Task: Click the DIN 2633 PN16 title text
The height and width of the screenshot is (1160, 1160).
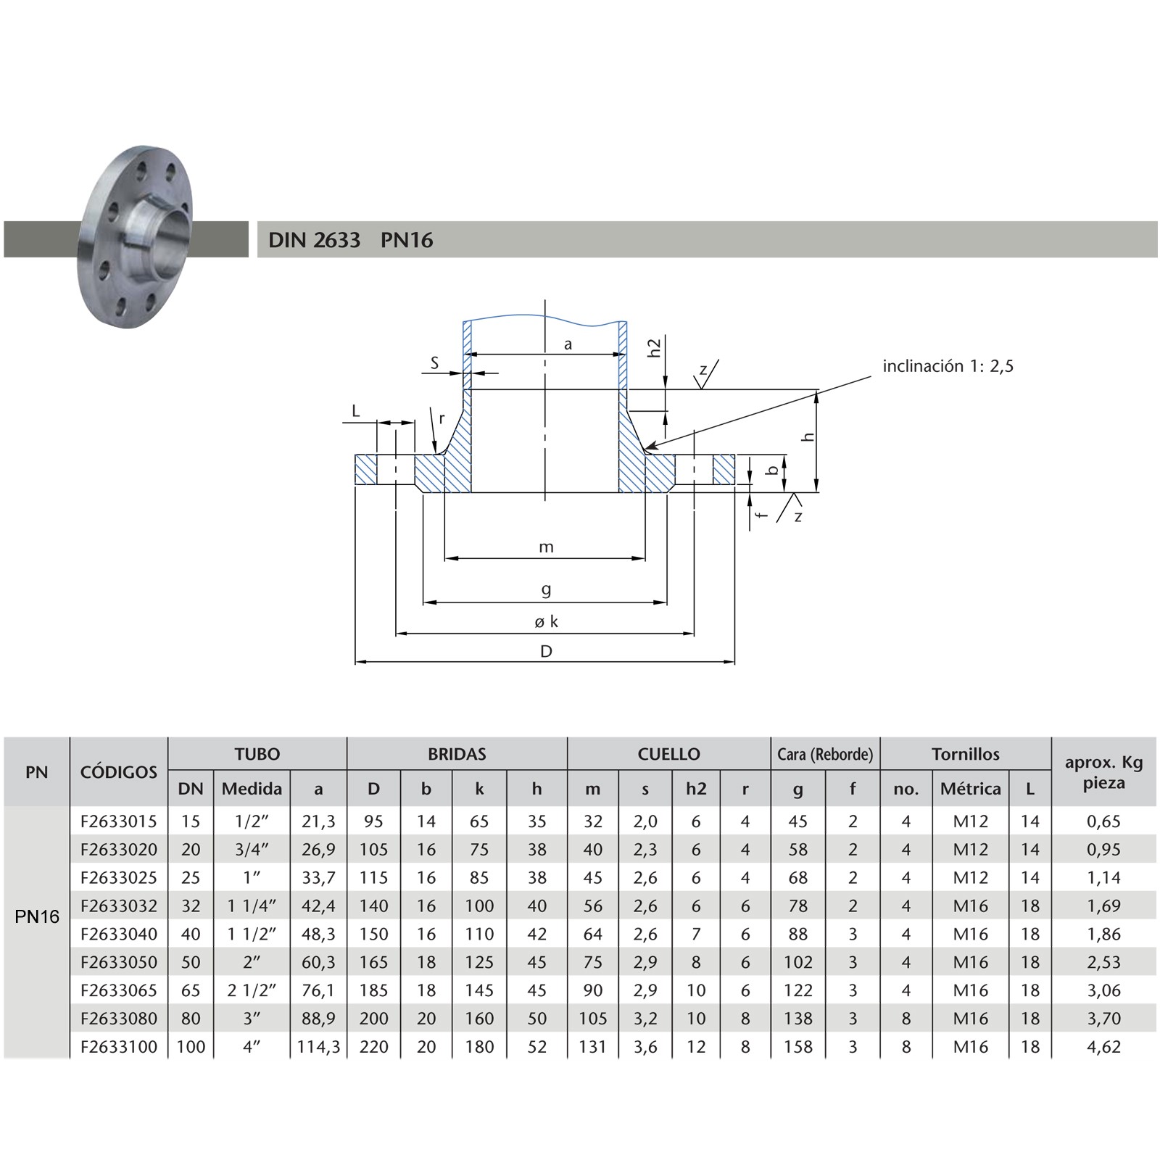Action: [x=350, y=240]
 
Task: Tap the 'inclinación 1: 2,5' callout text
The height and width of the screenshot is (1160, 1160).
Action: [x=948, y=366]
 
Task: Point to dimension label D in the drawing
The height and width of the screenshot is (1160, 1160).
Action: [x=546, y=651]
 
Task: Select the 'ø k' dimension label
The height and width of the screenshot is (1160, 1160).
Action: [x=546, y=621]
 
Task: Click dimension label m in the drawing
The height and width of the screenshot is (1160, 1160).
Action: [x=546, y=547]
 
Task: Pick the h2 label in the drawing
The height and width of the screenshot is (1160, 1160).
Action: [x=655, y=347]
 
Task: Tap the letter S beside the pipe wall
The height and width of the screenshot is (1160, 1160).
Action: [x=434, y=363]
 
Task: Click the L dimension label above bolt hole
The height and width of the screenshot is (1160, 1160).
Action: [x=355, y=411]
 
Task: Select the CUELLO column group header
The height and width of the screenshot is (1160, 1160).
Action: [x=668, y=754]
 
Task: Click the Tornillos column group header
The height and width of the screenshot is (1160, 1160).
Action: [x=966, y=754]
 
